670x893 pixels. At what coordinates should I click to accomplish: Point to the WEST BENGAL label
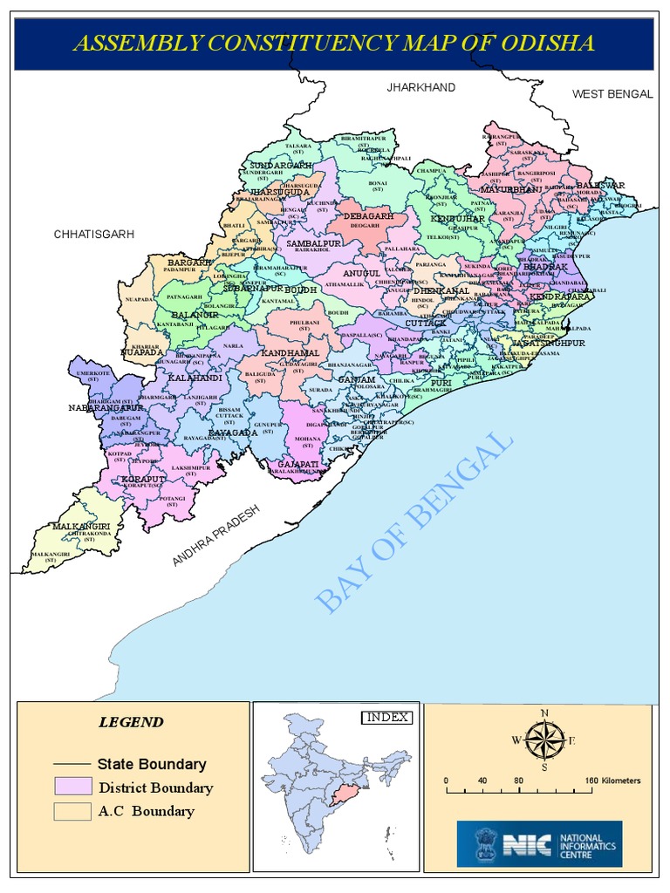pos(612,94)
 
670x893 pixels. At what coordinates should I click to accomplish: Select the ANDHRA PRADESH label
pos(216,537)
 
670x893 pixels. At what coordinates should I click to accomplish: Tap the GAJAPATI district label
pos(297,464)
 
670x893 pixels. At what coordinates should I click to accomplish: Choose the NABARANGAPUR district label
pos(106,407)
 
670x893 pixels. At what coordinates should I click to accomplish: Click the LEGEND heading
pos(130,722)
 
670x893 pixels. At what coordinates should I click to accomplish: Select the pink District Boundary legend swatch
pos(72,787)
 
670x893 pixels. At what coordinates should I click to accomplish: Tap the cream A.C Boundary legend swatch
pos(72,811)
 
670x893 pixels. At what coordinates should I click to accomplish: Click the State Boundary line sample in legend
pos(72,764)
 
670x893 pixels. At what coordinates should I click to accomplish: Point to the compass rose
pos(544,741)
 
